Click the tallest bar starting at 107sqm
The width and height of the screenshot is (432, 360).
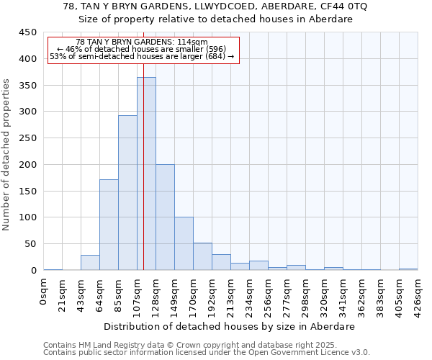(146, 174)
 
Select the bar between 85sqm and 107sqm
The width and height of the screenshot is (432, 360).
(127, 193)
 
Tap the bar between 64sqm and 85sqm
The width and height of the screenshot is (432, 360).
(109, 225)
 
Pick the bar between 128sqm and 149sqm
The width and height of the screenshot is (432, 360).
(165, 217)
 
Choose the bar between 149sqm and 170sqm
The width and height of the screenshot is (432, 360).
(184, 243)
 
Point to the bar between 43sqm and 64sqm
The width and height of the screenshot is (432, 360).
(90, 263)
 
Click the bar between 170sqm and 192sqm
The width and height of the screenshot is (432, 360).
(202, 256)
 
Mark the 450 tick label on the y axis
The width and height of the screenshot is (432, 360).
(27, 32)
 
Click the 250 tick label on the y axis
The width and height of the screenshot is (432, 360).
(27, 138)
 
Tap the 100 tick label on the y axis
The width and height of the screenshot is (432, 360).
(27, 217)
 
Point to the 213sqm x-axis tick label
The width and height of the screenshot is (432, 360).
(231, 294)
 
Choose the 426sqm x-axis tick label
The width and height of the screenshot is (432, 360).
(418, 294)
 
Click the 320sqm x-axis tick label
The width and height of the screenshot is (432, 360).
(325, 294)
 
